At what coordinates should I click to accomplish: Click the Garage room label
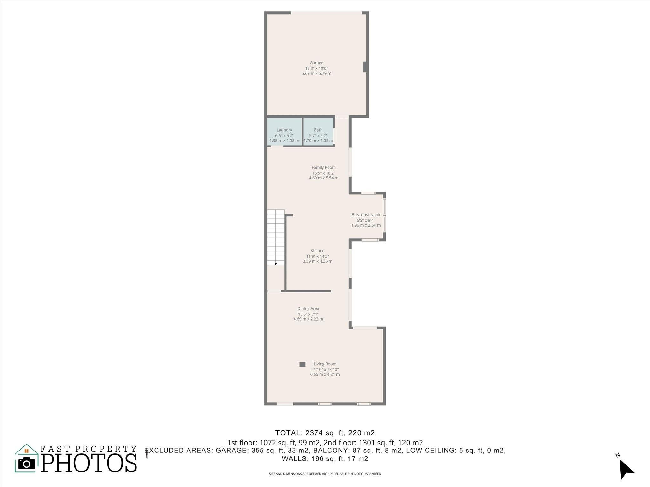tap(316, 63)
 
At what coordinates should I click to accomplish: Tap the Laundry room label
tap(284, 130)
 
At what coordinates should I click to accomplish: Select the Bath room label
tap(318, 130)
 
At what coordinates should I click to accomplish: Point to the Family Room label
tap(323, 167)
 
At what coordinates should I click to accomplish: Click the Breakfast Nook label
tap(366, 215)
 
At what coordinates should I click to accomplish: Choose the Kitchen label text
tap(317, 251)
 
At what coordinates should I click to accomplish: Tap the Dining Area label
tap(308, 308)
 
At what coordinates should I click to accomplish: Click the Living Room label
tap(325, 364)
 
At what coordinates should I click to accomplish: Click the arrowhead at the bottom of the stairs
tap(276, 264)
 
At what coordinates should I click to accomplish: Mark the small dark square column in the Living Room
tap(302, 365)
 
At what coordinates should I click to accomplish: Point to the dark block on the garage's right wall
tap(365, 67)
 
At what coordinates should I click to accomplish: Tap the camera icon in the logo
tap(27, 464)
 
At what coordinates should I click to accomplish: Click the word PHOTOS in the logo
tap(89, 463)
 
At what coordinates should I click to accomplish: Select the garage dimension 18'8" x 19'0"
tap(316, 68)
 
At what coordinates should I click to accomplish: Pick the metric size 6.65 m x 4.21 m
tap(325, 374)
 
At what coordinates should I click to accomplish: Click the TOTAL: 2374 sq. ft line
tap(325, 433)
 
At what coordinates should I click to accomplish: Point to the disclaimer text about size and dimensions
tap(325, 474)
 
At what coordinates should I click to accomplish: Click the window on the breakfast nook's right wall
tap(384, 216)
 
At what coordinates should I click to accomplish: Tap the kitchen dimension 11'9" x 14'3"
tap(317, 256)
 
